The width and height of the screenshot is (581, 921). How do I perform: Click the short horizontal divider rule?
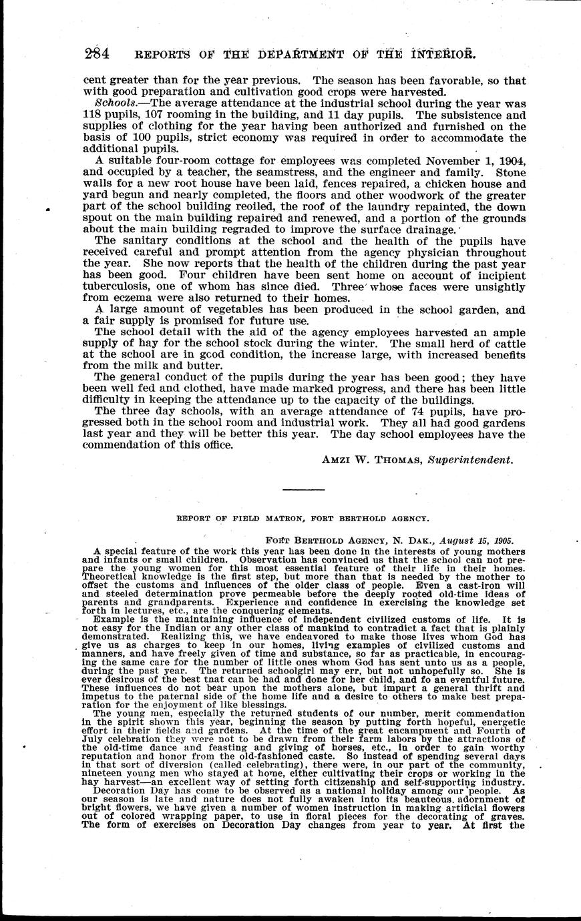click(x=303, y=490)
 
